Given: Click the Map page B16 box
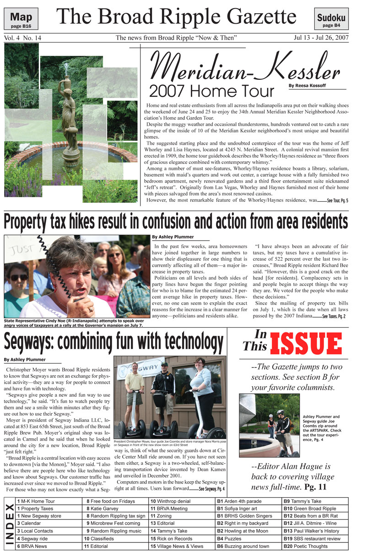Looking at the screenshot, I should pos(21,19).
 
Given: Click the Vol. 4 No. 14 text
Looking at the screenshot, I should pos(22,38).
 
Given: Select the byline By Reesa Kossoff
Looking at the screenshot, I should pos(307,85).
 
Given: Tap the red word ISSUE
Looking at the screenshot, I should pos(306,345).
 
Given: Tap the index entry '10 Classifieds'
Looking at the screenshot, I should pos(99,538).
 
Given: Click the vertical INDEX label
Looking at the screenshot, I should pos(9,523).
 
